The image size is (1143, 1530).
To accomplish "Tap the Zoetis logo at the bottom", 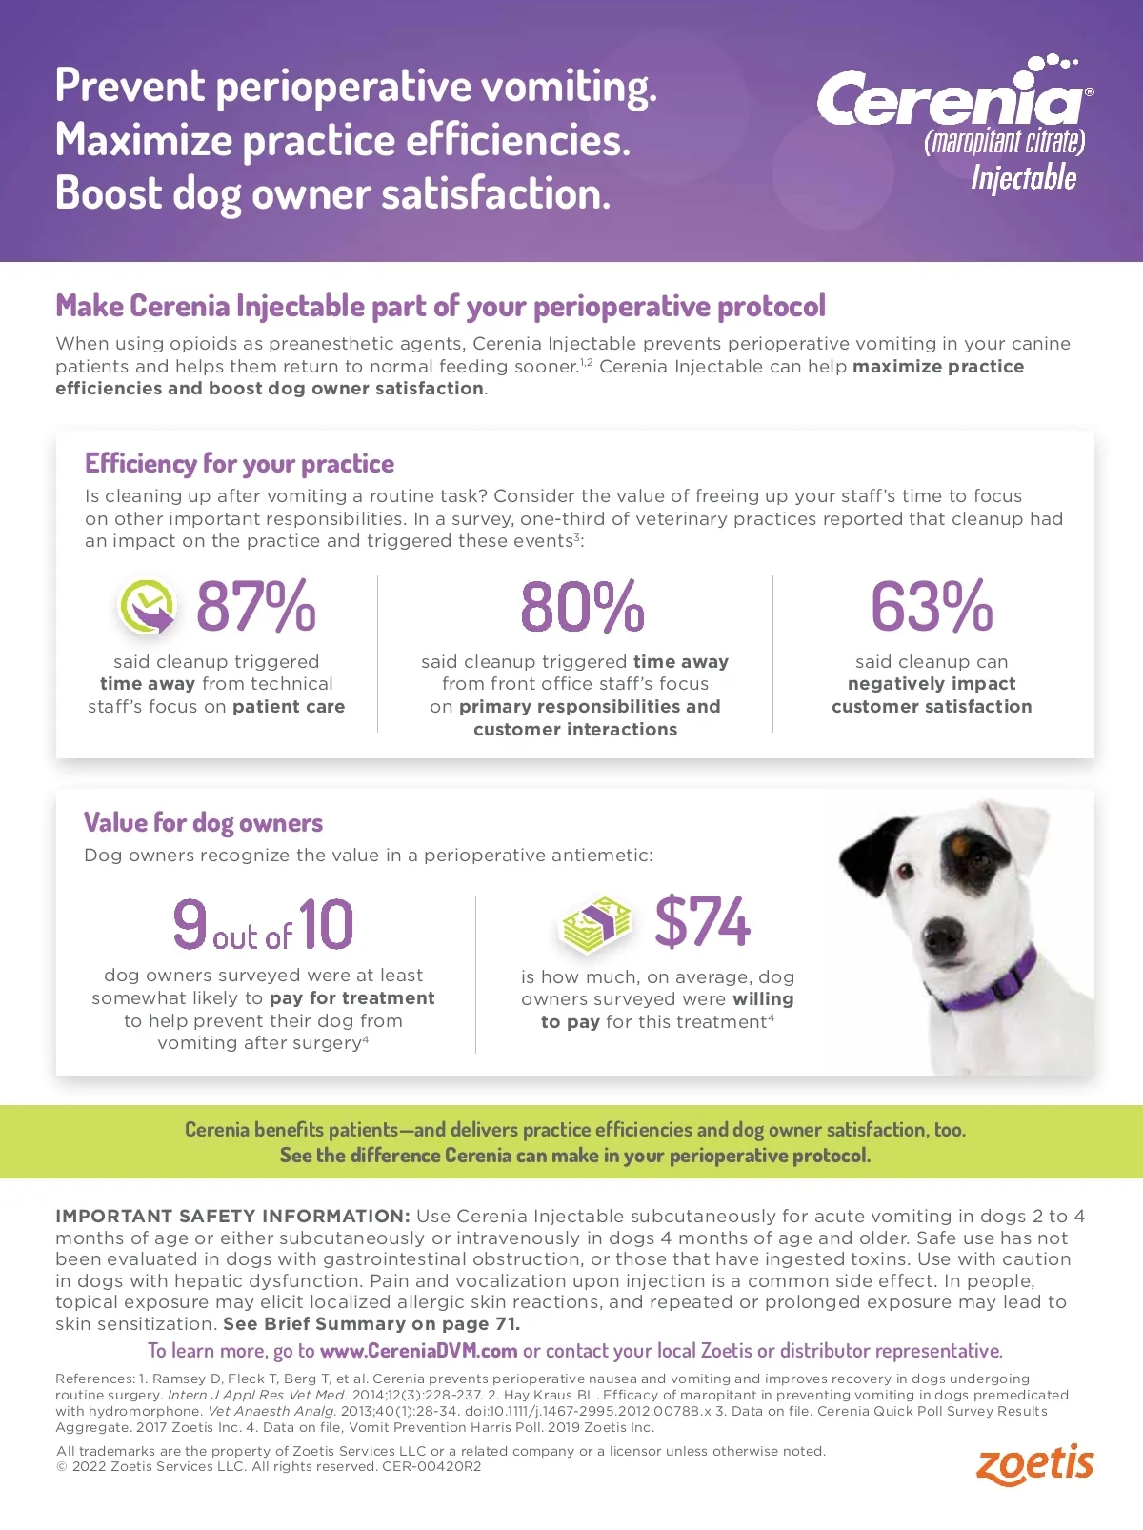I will pos(1034,1464).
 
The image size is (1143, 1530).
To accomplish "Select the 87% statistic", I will pos(255,607).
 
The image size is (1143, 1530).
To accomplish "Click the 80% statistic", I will pos(582,607).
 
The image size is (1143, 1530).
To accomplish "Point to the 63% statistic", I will pos(932,607).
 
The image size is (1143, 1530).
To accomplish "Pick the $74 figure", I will pos(703,922).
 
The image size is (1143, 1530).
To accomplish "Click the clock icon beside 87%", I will pos(147,606).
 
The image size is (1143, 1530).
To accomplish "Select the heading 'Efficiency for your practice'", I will pos(239,464).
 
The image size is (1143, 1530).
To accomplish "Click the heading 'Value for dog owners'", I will pos(203,823).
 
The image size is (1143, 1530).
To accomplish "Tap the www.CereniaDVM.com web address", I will pos(418,1351).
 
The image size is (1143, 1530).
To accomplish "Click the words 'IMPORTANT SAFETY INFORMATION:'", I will pos(232,1217).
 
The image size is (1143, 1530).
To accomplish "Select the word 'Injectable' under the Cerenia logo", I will pos(1024,178).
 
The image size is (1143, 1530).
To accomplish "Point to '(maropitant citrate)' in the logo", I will pos(1004,143).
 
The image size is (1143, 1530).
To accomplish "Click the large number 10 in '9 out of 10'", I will pos(326,925).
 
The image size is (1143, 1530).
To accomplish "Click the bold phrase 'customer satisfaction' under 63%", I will pos(932,707).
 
